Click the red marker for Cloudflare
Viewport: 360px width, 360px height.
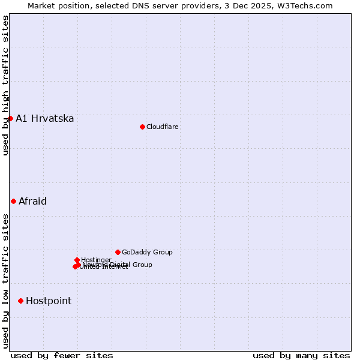(142, 127)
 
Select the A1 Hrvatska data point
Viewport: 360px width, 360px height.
(10, 118)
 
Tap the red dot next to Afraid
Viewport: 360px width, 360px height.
(13, 201)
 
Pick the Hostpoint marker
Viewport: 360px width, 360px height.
(20, 301)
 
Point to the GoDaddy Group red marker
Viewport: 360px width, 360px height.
(118, 252)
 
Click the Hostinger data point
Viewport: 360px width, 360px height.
(77, 260)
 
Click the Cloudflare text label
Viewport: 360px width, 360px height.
(162, 127)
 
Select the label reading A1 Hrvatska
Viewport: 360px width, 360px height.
(45, 118)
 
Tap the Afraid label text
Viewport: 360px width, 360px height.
(32, 201)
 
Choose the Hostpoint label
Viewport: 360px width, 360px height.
(49, 301)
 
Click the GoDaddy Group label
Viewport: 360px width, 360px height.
(147, 252)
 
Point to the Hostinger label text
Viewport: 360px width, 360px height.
(96, 260)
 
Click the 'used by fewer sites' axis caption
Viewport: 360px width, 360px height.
(62, 355)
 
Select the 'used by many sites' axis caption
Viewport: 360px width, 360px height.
(301, 355)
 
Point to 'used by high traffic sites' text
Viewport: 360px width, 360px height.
(5, 85)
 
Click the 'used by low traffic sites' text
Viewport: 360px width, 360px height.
(5, 280)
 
